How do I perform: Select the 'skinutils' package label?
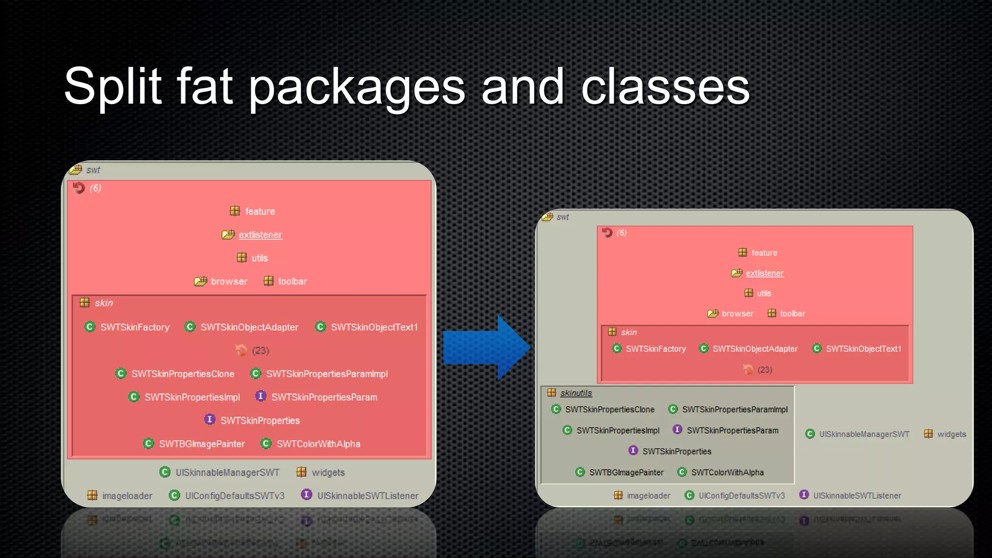(x=575, y=393)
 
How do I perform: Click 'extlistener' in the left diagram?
(x=260, y=235)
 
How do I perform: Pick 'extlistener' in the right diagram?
(x=764, y=273)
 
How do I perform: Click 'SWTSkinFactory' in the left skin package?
(x=135, y=327)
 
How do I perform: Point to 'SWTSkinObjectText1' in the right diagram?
(x=863, y=349)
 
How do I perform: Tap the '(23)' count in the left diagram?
(x=260, y=351)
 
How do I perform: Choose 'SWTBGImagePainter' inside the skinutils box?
(x=626, y=472)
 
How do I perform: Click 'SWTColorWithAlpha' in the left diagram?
(x=318, y=444)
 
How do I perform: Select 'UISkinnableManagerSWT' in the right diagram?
(x=864, y=434)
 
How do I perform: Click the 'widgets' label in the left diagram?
(x=328, y=473)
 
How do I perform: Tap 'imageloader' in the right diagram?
(x=648, y=496)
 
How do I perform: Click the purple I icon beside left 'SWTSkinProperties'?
(x=210, y=419)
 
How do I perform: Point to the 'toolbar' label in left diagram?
(x=292, y=281)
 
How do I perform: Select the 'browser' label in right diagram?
(x=737, y=314)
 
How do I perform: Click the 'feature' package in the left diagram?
(x=260, y=212)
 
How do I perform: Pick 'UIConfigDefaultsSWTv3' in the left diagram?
(x=234, y=496)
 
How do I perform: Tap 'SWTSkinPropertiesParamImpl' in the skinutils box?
(x=734, y=410)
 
